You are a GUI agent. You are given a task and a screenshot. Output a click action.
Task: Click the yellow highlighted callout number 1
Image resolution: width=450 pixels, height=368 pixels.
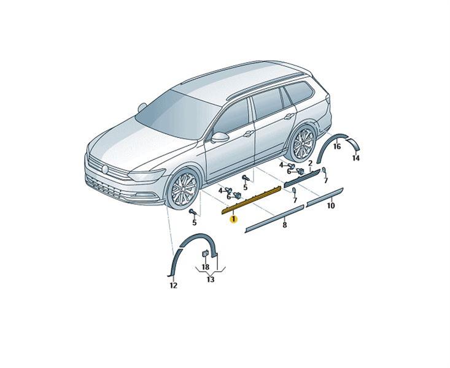pos(234,220)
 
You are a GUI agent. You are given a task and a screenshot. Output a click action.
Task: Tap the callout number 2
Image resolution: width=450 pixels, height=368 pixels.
pos(310,164)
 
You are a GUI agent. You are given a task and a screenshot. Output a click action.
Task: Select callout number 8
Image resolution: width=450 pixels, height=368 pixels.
pos(284,225)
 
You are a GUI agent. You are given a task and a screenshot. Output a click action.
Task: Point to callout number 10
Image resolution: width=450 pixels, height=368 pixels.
pos(331,205)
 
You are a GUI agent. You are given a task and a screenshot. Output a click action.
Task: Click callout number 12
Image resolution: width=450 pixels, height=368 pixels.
pos(174,285)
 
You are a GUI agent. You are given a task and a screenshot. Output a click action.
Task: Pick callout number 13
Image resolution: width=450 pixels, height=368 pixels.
pos(211,279)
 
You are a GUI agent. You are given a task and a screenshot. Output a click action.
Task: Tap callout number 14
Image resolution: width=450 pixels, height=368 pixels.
pos(356,158)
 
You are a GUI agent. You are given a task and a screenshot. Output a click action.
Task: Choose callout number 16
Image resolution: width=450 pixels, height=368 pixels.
pos(337,147)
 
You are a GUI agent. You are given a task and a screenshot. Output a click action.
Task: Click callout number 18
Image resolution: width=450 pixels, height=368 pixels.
pos(206,267)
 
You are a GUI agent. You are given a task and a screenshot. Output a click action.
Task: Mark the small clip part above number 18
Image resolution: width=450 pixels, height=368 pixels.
pos(206,253)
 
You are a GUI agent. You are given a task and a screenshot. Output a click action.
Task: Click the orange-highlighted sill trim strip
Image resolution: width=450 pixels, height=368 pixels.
pos(252,199)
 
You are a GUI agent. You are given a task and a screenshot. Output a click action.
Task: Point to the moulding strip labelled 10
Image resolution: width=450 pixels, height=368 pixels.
pos(325,197)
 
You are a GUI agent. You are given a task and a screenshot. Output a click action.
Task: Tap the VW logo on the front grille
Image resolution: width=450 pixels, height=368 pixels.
pos(105,169)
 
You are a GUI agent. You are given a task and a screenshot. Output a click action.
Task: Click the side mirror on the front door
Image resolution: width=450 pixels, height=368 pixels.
pos(220,137)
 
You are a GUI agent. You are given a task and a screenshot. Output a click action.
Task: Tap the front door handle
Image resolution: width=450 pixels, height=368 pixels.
pos(249,134)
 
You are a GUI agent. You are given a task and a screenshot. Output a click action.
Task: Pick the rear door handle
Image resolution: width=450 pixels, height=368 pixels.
pos(289,117)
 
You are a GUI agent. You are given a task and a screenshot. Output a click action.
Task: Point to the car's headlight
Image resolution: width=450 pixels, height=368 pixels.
pos(147,175)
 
